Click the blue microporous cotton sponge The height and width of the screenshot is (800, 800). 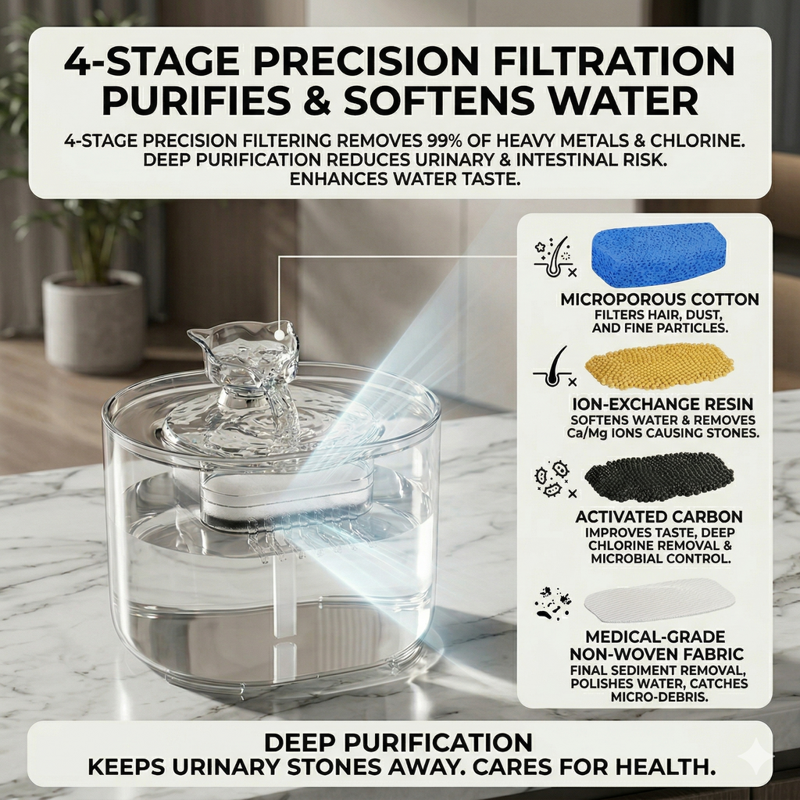coord(659,254)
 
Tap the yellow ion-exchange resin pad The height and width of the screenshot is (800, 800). coord(659,366)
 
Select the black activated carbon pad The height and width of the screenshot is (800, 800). coord(659,476)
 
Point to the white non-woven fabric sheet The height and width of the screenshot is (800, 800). coord(659,600)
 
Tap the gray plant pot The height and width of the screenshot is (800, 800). coord(94,321)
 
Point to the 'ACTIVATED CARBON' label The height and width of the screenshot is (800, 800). coord(659,517)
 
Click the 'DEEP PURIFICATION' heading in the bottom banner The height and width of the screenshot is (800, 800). coord(398,742)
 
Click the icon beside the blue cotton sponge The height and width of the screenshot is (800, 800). coord(551,257)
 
